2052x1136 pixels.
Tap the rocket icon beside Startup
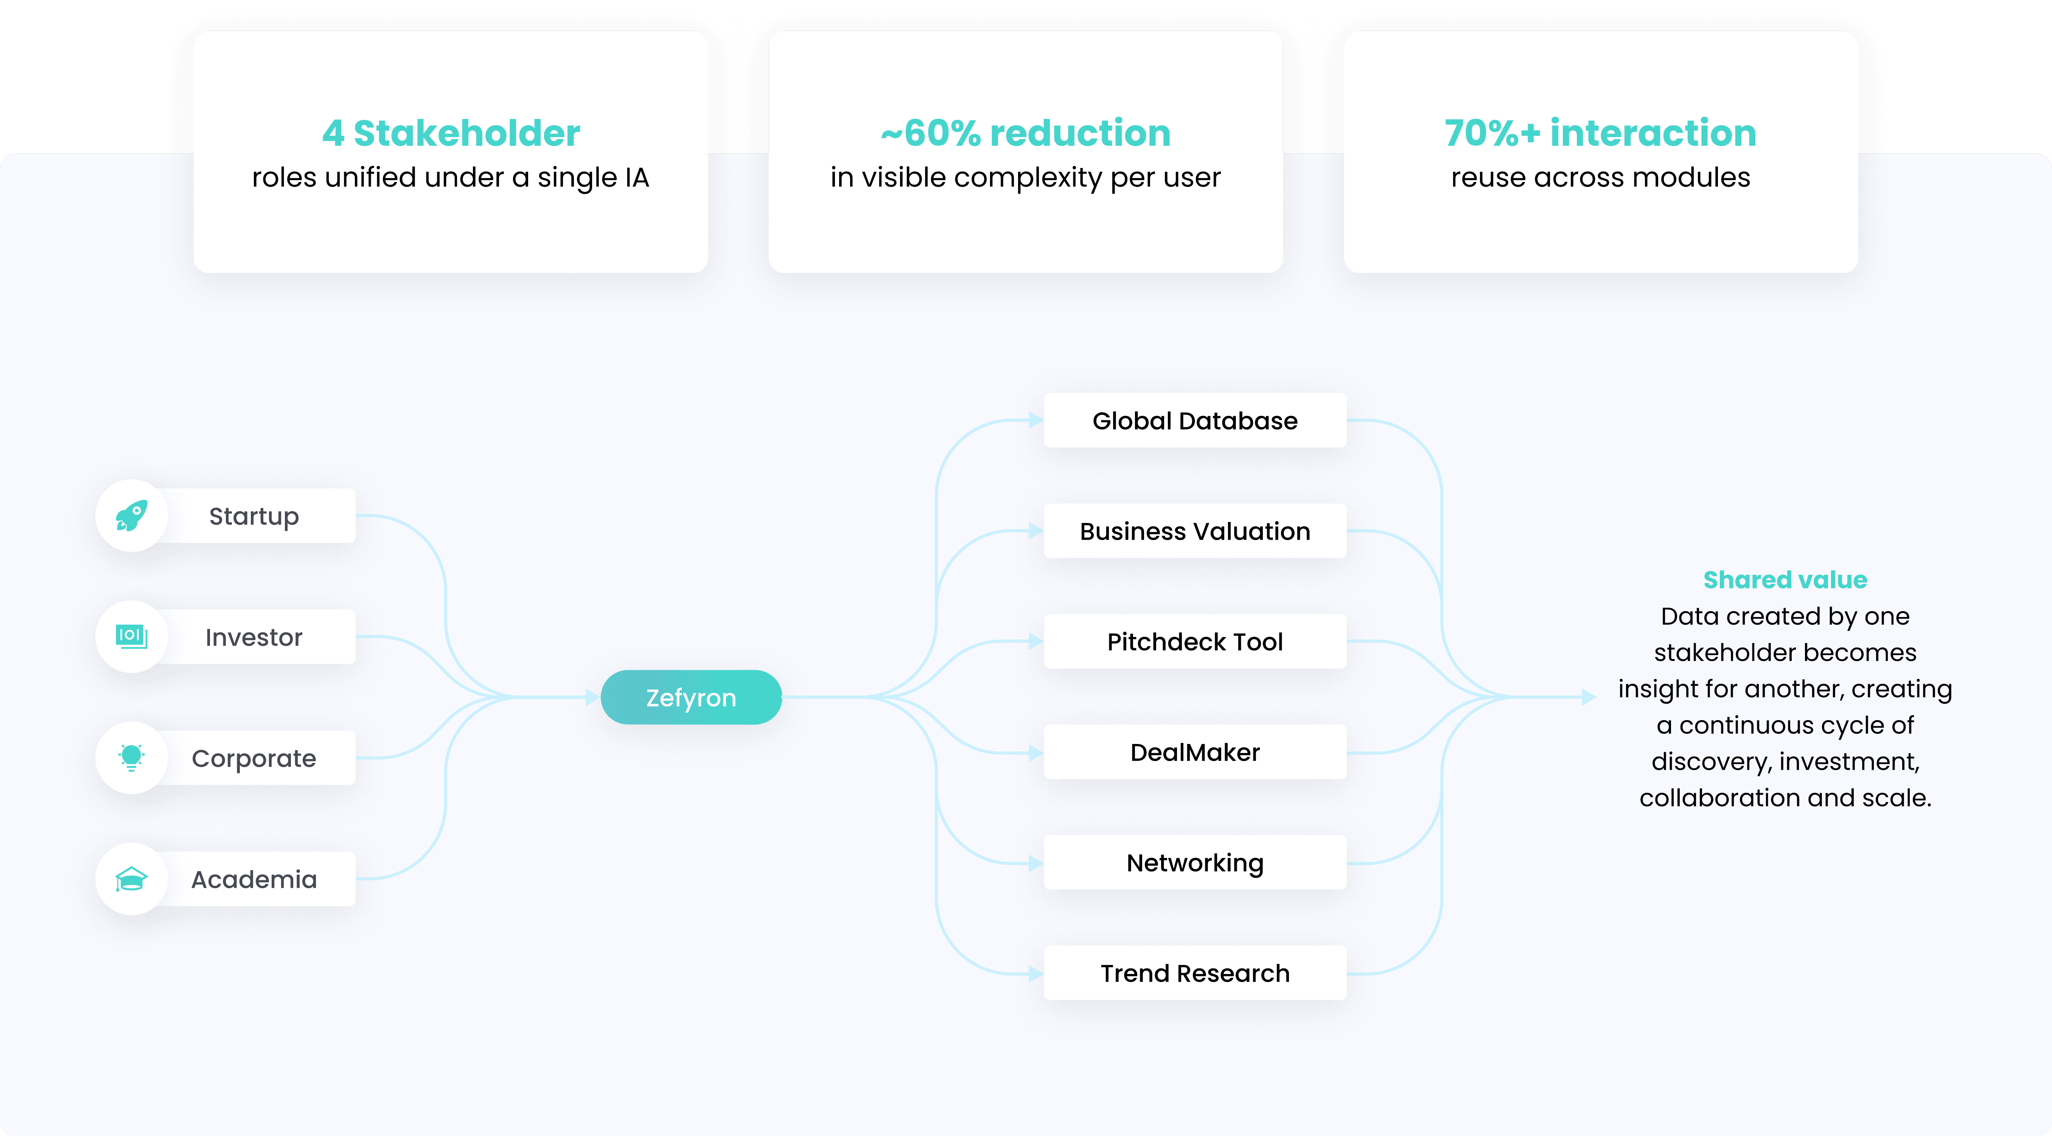coord(131,515)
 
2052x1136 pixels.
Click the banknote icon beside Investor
coord(131,636)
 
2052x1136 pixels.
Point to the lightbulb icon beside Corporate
coord(131,758)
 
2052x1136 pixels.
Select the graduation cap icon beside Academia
coord(131,879)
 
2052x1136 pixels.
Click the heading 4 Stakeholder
coord(451,133)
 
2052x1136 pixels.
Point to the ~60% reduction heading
coord(1025,133)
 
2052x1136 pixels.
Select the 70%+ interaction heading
coord(1600,133)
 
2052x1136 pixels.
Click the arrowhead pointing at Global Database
coord(1035,421)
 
